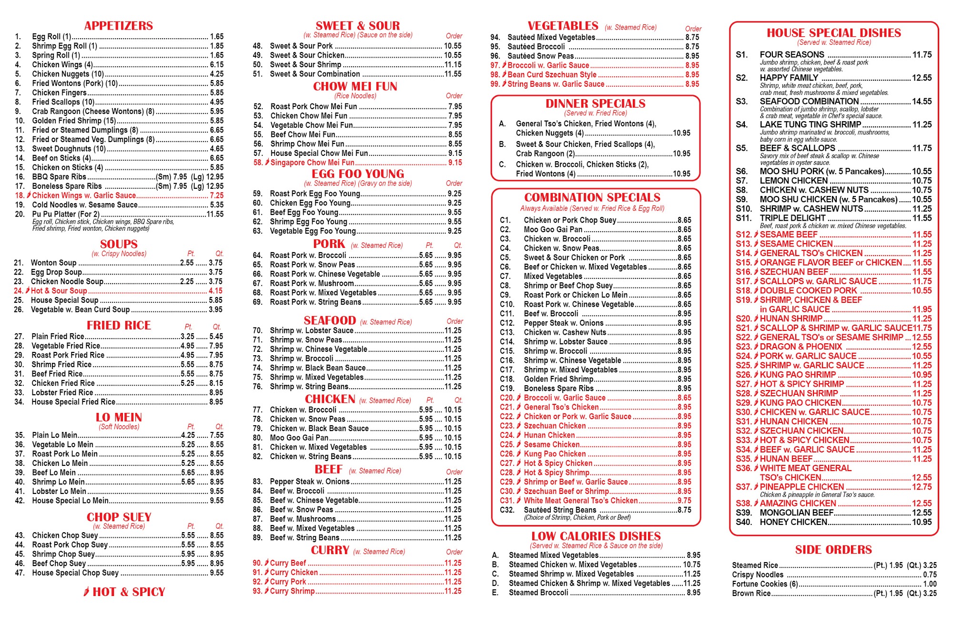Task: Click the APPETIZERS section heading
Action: [118, 26]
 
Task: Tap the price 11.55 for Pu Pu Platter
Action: [215, 215]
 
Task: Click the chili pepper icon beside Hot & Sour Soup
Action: [28, 291]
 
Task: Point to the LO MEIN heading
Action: [119, 417]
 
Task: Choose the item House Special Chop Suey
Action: [75, 573]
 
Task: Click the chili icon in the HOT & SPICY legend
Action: [86, 592]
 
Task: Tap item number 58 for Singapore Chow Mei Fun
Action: [258, 163]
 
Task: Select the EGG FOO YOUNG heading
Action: [358, 174]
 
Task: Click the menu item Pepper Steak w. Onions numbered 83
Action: [310, 482]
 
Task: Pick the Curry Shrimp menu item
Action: [292, 591]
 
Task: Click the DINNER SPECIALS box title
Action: [595, 103]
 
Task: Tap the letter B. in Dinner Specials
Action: [502, 144]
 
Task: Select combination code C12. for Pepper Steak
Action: [507, 323]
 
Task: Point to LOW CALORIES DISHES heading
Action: [596, 536]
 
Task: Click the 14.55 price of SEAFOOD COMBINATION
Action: [922, 102]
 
